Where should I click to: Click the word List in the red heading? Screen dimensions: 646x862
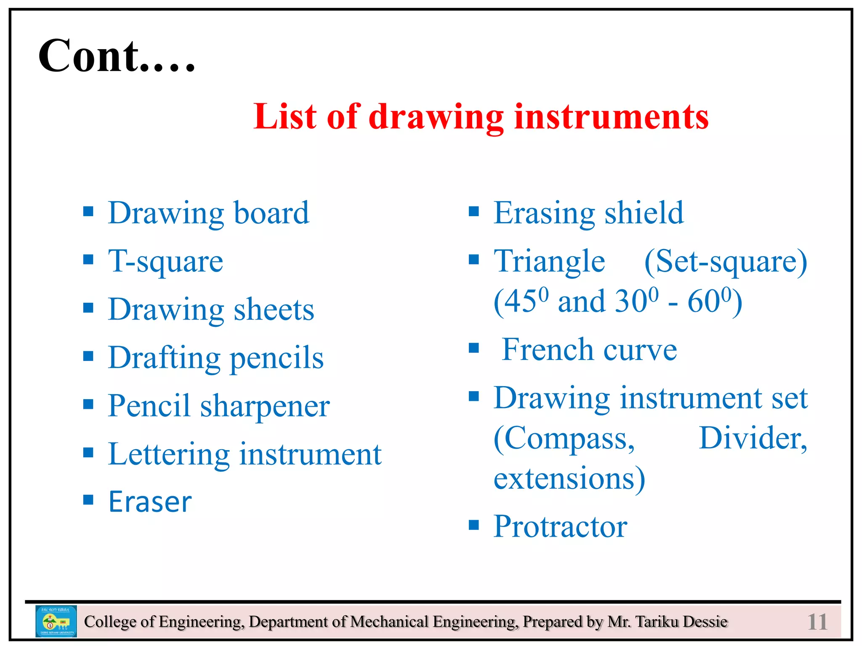click(285, 116)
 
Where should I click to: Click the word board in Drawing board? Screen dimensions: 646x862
click(271, 213)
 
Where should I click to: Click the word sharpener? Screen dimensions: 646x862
click(265, 407)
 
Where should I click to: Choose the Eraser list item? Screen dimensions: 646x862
click(150, 502)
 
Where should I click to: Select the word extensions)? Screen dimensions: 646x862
click(569, 479)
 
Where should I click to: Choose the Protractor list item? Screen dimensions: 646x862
click(560, 527)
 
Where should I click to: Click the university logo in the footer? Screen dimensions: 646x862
click(56, 621)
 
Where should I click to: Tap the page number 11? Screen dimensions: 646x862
click(817, 622)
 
